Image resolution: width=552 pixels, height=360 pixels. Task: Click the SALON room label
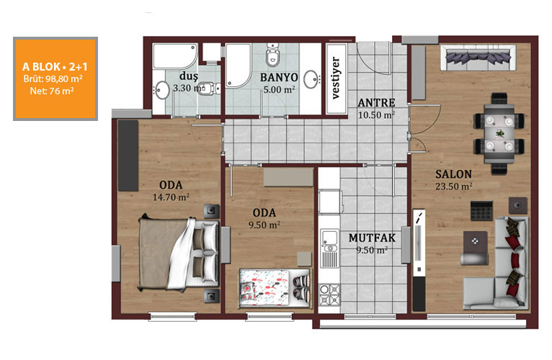(x=453, y=174)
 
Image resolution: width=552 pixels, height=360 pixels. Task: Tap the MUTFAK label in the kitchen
(x=372, y=238)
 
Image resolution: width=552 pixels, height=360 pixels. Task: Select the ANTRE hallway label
(x=376, y=103)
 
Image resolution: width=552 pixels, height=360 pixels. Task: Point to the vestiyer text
(x=337, y=78)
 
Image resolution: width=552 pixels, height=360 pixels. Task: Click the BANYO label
(x=279, y=78)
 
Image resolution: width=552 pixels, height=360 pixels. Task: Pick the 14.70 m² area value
(x=171, y=197)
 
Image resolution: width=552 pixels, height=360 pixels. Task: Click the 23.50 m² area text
(x=454, y=186)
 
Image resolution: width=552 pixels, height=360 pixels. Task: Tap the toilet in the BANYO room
(x=272, y=55)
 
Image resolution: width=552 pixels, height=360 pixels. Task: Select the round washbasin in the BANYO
(x=311, y=79)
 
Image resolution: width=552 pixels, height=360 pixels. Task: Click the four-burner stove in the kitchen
(x=329, y=294)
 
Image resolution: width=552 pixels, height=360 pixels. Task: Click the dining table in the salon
(x=499, y=134)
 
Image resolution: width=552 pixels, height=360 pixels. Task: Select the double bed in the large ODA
(x=179, y=253)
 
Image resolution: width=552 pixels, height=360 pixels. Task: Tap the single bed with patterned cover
(x=275, y=287)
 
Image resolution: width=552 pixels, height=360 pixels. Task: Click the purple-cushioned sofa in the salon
(x=478, y=58)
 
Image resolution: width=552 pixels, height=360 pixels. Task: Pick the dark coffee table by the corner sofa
(x=476, y=241)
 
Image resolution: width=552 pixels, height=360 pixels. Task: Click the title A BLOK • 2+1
(x=55, y=66)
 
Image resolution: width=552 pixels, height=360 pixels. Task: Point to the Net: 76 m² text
(x=52, y=91)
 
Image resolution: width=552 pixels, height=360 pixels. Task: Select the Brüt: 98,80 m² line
(x=53, y=78)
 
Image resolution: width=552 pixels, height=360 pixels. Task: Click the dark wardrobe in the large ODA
(x=128, y=156)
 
